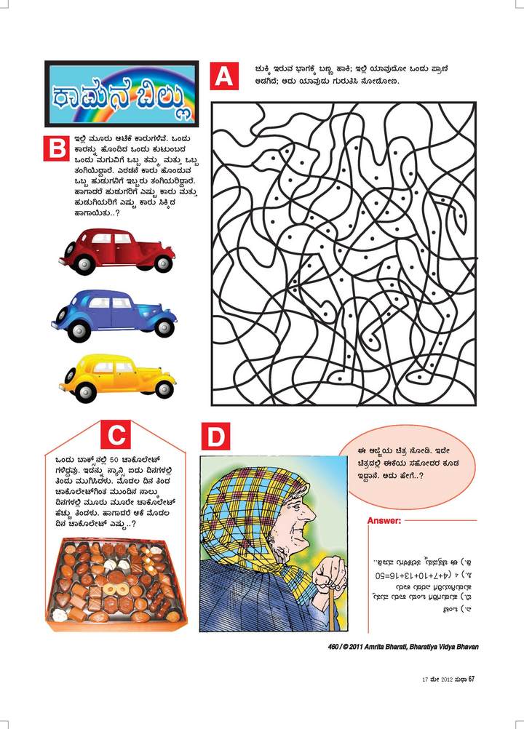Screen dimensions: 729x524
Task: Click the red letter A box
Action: pyautogui.click(x=225, y=76)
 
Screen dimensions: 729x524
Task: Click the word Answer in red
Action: pyautogui.click(x=384, y=521)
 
